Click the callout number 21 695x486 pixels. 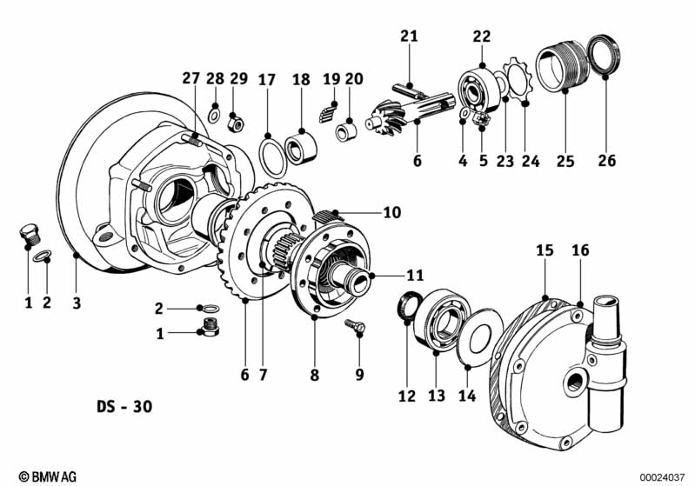click(x=409, y=36)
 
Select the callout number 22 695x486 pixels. click(x=482, y=36)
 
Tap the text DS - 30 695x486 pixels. click(x=128, y=407)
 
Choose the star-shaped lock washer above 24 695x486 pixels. click(x=518, y=83)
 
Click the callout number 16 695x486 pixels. click(x=580, y=250)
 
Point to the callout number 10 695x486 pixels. click(x=391, y=211)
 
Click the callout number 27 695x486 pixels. click(x=191, y=79)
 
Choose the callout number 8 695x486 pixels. click(x=315, y=376)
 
